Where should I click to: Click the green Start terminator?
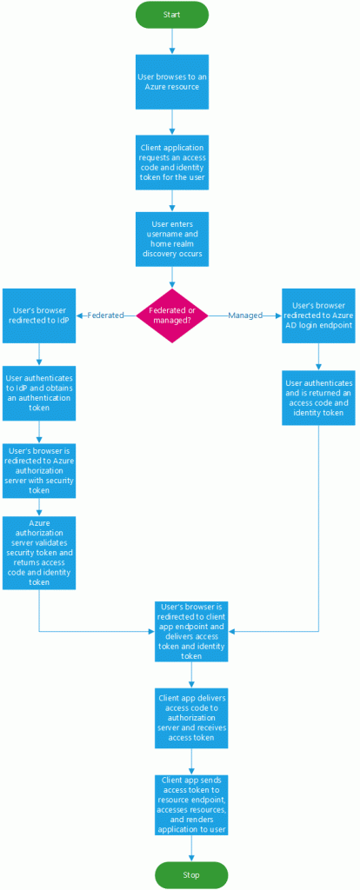pos(172,15)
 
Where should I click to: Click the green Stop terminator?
pos(190,874)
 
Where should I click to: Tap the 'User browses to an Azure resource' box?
pos(172,82)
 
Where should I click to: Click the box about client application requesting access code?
pos(172,162)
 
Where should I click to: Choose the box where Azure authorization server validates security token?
pos(38,552)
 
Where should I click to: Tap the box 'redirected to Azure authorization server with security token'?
pos(38,472)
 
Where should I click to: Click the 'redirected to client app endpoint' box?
pos(191,630)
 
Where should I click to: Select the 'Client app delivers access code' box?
pos(191,717)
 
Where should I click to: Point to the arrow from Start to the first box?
pos(172,40)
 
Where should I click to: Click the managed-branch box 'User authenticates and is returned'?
pos(318,397)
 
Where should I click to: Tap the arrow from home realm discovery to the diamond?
pos(172,274)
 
